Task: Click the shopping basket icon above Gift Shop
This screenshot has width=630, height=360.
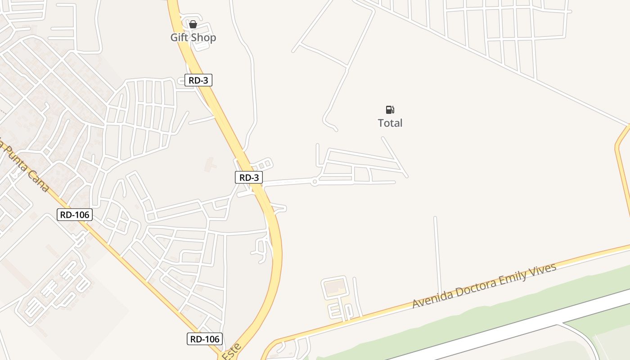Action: (x=193, y=24)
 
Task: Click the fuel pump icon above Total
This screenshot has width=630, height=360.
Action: (x=390, y=110)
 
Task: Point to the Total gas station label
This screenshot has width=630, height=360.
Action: (x=390, y=123)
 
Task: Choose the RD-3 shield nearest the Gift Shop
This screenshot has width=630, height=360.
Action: (x=198, y=80)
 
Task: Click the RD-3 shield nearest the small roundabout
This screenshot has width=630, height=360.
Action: (x=249, y=177)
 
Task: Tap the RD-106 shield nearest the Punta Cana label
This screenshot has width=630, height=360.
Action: (x=75, y=215)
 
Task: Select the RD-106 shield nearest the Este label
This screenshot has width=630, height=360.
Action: (x=205, y=339)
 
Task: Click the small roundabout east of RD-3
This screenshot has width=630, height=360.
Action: (x=315, y=182)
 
